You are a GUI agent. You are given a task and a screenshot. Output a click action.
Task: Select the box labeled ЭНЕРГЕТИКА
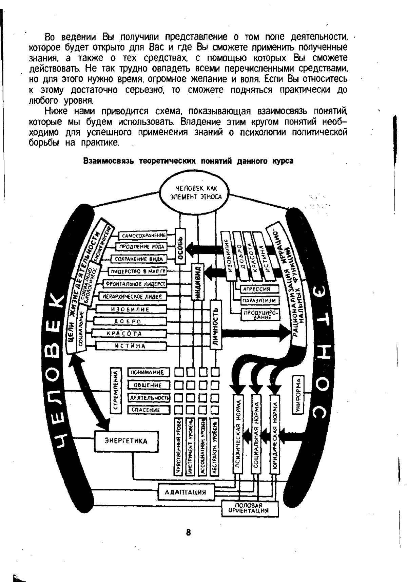tap(126, 441)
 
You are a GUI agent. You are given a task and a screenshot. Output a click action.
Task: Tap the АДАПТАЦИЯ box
tap(185, 492)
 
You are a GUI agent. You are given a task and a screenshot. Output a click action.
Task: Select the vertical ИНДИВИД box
tap(199, 282)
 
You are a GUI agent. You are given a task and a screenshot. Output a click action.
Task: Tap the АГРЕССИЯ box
tap(259, 289)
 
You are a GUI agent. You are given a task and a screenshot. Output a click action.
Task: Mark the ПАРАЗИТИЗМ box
tap(259, 301)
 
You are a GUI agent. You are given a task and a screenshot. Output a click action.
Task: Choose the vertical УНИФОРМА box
tap(298, 395)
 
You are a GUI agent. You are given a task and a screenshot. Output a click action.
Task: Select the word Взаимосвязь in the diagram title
tap(109, 161)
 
